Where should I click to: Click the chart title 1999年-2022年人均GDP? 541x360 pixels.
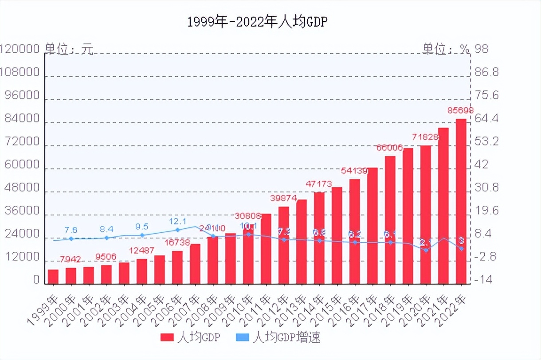click(x=257, y=22)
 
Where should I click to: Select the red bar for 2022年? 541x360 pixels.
click(x=461, y=201)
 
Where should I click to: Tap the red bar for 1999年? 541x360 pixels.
click(x=53, y=277)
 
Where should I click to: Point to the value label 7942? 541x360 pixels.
click(x=71, y=259)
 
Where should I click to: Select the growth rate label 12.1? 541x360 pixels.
click(x=177, y=221)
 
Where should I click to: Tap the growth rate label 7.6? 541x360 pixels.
click(x=71, y=230)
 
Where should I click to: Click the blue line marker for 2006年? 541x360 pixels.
click(x=177, y=230)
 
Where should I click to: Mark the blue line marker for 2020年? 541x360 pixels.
click(x=426, y=250)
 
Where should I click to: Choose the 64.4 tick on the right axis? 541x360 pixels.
click(x=486, y=119)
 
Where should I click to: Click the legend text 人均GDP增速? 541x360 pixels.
click(x=286, y=338)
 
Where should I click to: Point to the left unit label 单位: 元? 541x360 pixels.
click(x=69, y=49)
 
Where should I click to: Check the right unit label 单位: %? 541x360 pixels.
click(x=445, y=49)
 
